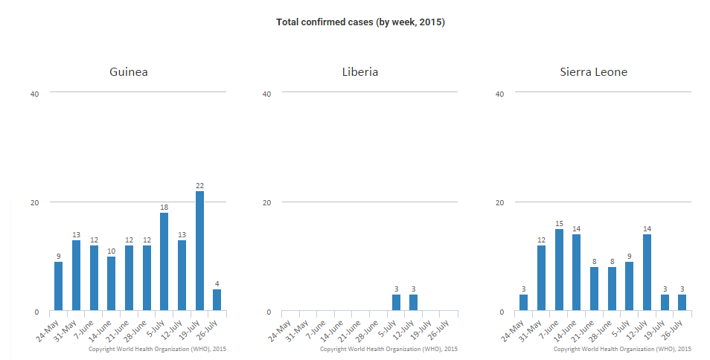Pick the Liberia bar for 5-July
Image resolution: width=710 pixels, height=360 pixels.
pyautogui.click(x=396, y=303)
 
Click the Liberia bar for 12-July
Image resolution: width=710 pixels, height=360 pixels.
pyautogui.click(x=414, y=303)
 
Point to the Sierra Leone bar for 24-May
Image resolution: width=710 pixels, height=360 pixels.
pyautogui.click(x=524, y=303)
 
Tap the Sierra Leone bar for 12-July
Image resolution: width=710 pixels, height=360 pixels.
pyautogui.click(x=647, y=273)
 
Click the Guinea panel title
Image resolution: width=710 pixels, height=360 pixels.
pyautogui.click(x=129, y=72)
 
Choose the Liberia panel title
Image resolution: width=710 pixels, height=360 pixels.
pyautogui.click(x=360, y=72)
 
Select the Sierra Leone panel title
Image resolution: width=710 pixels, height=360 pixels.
pyautogui.click(x=594, y=72)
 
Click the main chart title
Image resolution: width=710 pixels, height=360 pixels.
pyautogui.click(x=360, y=22)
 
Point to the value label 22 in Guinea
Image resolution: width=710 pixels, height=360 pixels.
pyautogui.click(x=199, y=185)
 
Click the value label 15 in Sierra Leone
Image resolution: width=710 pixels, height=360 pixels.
pyautogui.click(x=559, y=223)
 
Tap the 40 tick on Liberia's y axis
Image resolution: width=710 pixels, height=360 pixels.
pyautogui.click(x=266, y=94)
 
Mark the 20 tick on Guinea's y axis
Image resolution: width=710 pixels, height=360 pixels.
pyautogui.click(x=33, y=202)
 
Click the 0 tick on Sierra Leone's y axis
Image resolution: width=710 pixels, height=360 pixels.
pyautogui.click(x=501, y=312)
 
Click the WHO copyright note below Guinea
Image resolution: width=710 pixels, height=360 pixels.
pyautogui.click(x=157, y=348)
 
